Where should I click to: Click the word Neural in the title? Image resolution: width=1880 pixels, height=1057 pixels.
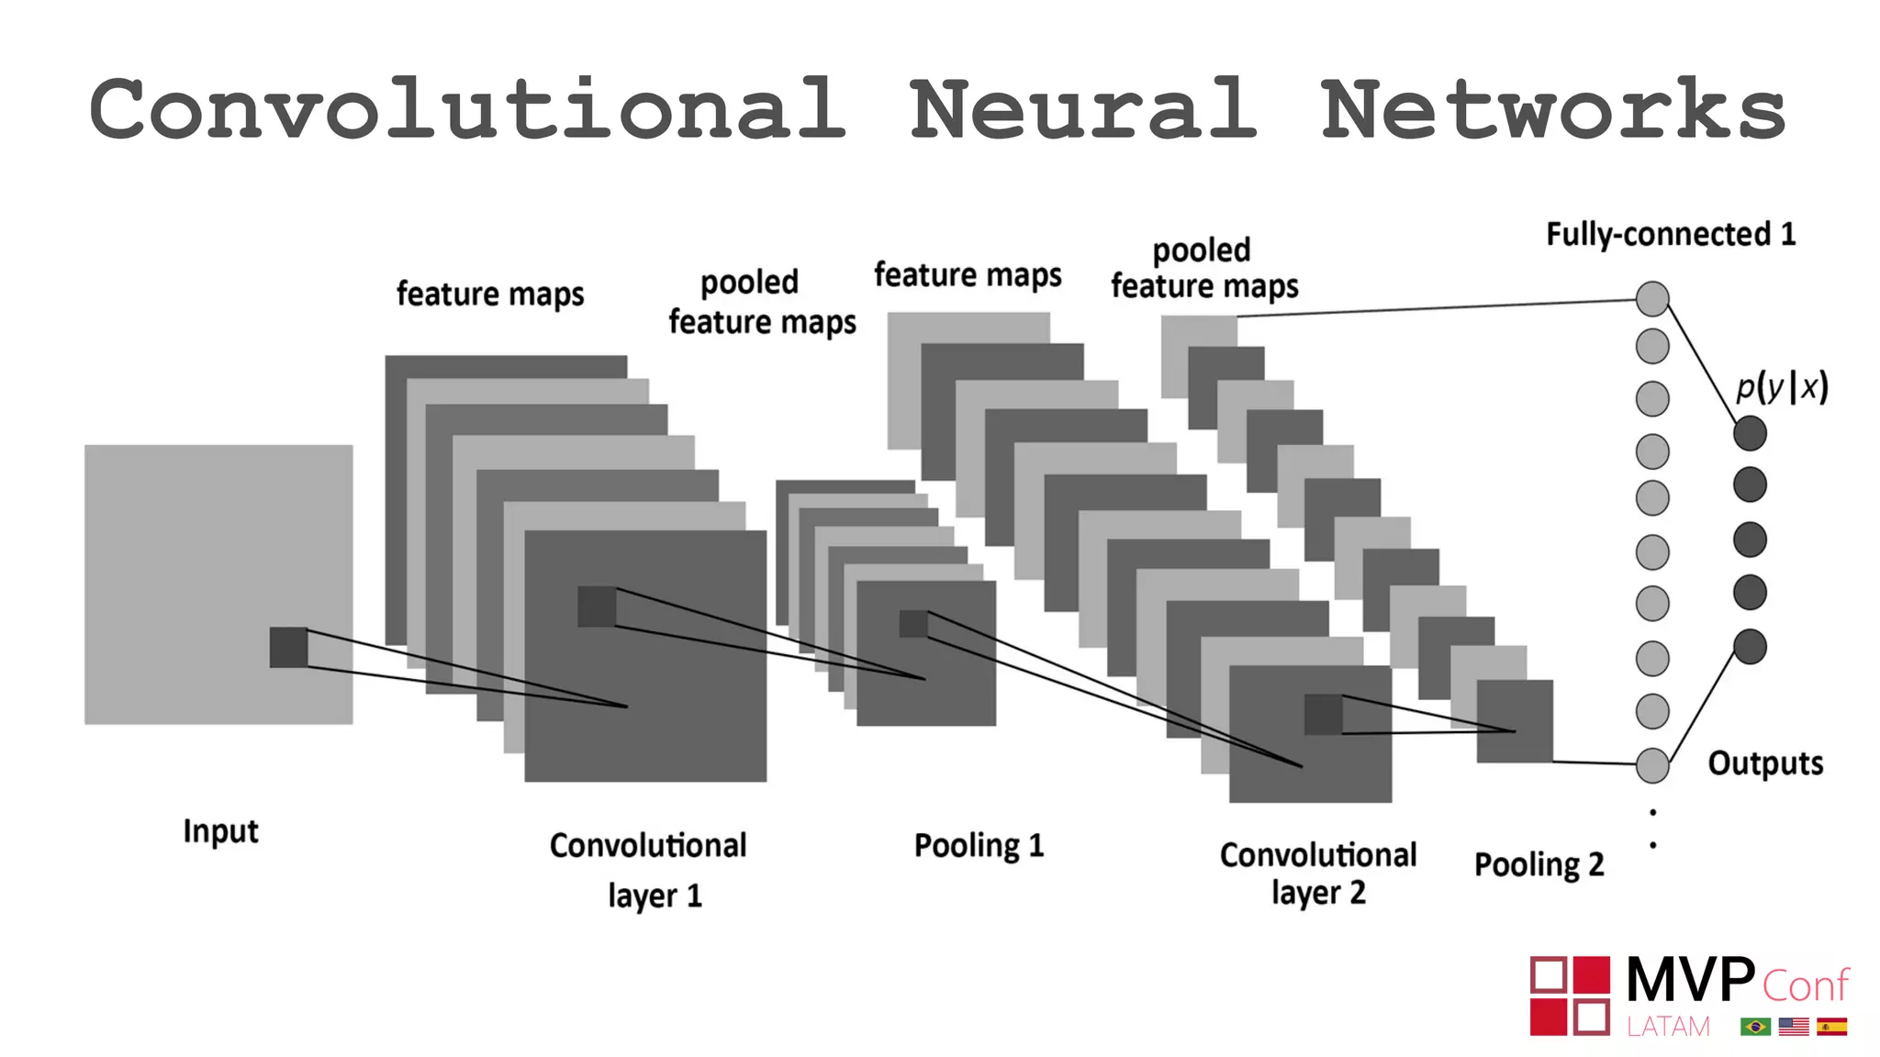point(1083,110)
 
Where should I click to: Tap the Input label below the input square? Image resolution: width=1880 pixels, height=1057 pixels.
point(220,831)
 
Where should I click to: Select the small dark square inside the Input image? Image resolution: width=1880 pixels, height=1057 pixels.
point(288,647)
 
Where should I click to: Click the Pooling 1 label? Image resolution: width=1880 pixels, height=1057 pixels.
point(979,845)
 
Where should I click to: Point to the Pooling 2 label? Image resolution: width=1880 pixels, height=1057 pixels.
point(1539,864)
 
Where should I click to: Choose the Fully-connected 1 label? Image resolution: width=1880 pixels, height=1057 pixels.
point(1670,235)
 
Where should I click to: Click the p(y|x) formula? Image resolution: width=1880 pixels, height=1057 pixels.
point(1781,386)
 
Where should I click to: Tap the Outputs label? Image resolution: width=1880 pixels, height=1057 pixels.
point(1764,763)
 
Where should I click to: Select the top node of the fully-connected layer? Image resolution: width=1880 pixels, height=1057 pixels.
point(1652,298)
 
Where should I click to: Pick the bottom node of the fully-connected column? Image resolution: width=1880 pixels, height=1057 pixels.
point(1652,765)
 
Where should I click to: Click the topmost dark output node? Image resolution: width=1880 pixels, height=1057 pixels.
point(1750,433)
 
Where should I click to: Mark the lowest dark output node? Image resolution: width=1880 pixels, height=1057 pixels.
point(1750,647)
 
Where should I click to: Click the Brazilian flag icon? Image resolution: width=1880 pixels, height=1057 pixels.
point(1755,1027)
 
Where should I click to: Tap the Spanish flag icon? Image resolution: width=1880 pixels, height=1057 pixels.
point(1831,1027)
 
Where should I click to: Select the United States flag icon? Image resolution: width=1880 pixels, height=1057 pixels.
point(1793,1027)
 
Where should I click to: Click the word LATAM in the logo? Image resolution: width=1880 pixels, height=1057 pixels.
point(1668,1027)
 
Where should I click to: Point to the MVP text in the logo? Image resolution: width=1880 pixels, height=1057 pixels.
point(1689,980)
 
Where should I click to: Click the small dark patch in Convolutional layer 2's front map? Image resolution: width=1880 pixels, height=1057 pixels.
point(1323,714)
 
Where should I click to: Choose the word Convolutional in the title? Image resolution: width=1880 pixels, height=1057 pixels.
point(468,110)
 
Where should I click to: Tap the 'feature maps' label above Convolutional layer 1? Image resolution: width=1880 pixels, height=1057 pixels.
point(490,295)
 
